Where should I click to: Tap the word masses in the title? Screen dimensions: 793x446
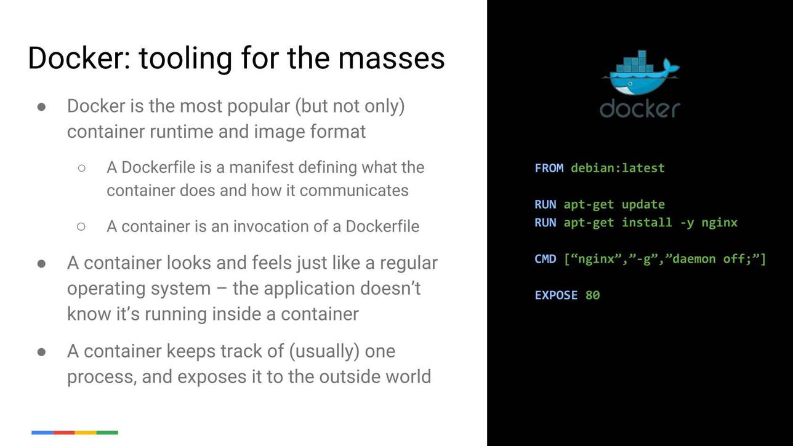coord(391,58)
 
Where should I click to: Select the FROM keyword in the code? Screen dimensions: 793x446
coord(549,168)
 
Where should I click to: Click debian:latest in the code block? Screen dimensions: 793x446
coord(618,168)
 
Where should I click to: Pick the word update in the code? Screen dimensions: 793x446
coord(643,205)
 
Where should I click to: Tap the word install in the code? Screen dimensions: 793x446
coord(646,223)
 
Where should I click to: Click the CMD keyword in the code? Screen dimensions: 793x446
coord(545,259)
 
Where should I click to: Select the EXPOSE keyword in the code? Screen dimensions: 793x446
coord(556,295)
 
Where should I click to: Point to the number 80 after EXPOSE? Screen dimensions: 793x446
coord(592,295)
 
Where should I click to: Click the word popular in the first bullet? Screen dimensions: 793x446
coord(259,106)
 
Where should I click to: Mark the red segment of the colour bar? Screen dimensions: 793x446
coord(64,432)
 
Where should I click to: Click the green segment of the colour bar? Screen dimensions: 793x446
coord(107,432)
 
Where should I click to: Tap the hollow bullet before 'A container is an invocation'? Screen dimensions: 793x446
coord(81,226)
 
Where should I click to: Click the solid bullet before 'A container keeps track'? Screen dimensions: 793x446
coord(41,352)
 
